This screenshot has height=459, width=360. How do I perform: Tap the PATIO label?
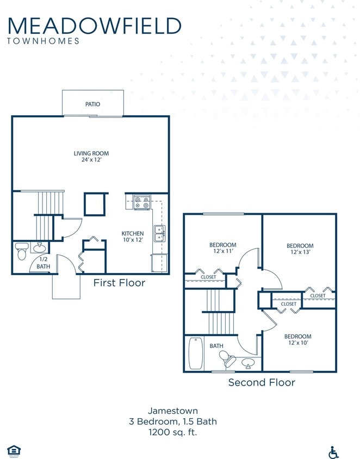click(92, 104)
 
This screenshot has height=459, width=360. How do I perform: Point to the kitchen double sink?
click(159, 234)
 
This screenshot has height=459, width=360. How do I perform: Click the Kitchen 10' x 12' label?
click(133, 237)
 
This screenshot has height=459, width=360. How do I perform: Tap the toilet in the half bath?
click(22, 252)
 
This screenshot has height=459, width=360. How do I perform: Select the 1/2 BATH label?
click(43, 263)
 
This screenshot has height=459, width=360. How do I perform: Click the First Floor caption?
click(119, 282)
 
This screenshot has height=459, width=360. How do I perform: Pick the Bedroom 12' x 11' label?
click(223, 249)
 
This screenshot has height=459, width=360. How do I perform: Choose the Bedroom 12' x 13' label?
click(300, 249)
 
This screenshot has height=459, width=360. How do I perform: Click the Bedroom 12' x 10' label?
click(298, 340)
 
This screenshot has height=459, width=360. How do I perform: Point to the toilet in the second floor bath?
click(226, 358)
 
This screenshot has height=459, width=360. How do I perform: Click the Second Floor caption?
click(262, 382)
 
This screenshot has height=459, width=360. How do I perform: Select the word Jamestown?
click(173, 411)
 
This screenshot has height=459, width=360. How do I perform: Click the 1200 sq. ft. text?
click(173, 432)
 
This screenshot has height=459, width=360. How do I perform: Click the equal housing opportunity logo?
click(13, 450)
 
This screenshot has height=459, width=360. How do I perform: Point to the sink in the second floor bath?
click(248, 362)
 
